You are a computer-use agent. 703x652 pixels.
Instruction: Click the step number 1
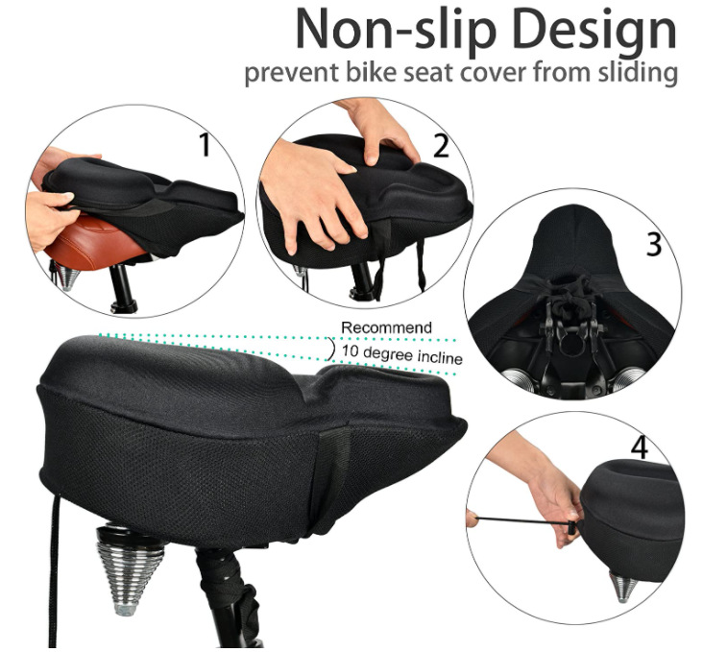click(x=205, y=145)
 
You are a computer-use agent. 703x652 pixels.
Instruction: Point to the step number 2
click(x=441, y=146)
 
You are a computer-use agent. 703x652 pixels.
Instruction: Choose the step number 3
click(x=654, y=244)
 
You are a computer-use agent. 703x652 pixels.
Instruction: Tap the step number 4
click(x=639, y=447)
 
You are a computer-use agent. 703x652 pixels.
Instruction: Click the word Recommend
click(x=387, y=328)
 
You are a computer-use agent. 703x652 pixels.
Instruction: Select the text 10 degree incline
click(x=401, y=357)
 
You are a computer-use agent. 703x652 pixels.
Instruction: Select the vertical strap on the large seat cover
click(x=336, y=471)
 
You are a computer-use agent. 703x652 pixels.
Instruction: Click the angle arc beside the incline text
click(x=331, y=351)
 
